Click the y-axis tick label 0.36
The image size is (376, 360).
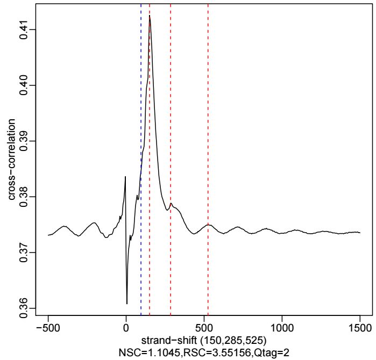[23, 308]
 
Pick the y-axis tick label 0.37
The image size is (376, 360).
[23, 253]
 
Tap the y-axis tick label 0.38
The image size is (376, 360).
[23, 197]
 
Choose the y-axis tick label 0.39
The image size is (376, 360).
[23, 141]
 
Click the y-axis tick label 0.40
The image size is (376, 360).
[23, 85]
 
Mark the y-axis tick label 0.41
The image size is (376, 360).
[23, 29]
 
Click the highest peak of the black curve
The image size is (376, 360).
[150, 16]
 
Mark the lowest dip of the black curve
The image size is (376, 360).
[127, 304]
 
